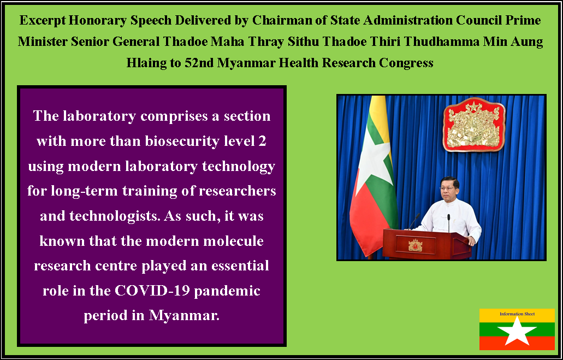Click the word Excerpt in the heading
pos(43,20)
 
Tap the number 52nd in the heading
pos(199,63)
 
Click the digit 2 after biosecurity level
pos(263,141)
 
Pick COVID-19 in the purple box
pos(152,290)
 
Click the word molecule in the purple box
pos(233,241)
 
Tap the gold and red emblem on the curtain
pos(474,125)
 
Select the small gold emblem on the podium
pos(416,245)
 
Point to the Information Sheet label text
pos(517,314)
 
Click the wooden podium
pos(427,244)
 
